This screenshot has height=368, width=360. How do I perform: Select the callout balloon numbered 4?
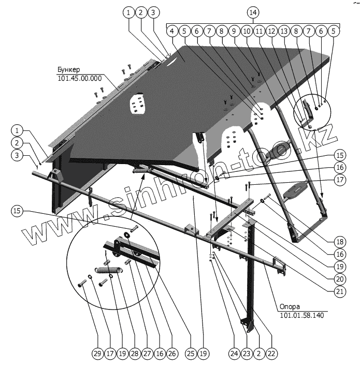coord(171,32)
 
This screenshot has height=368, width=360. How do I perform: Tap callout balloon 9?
coord(234,32)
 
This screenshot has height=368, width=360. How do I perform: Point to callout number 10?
coord(246,32)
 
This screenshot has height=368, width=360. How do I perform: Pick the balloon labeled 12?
coord(271,32)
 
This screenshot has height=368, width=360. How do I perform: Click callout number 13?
coord(283,32)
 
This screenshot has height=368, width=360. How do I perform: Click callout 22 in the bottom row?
coord(271,354)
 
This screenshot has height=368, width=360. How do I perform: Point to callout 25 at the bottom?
coord(190,354)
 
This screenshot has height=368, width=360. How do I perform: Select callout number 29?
coord(97,354)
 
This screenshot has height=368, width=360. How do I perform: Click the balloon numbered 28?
coord(134,354)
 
